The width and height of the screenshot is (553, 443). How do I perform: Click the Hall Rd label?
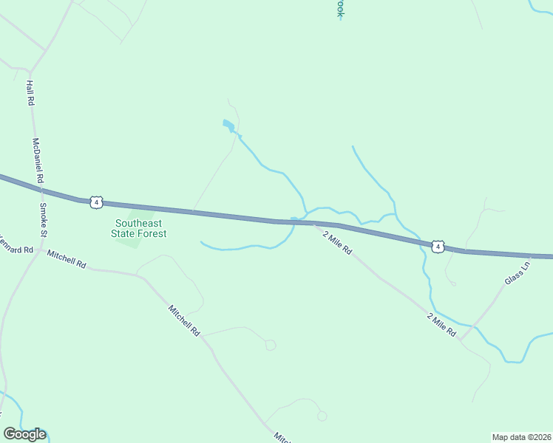30,92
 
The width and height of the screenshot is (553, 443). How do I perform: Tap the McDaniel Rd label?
38,161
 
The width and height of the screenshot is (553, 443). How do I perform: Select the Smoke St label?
43,220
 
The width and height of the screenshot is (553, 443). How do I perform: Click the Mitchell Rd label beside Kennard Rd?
67,259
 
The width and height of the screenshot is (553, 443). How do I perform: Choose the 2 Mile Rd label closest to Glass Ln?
441,325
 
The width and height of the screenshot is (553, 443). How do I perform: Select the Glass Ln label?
518,272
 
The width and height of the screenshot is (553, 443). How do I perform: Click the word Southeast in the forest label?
139,223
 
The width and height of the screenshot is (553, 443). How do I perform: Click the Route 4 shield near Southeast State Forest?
95,202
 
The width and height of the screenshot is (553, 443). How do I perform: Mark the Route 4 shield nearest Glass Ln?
438,246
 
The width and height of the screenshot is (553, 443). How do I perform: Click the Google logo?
24,434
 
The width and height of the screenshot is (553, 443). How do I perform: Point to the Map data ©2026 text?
521,436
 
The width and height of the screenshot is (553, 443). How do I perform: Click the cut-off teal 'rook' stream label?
341,8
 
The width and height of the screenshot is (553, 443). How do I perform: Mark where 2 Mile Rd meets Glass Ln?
462,338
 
